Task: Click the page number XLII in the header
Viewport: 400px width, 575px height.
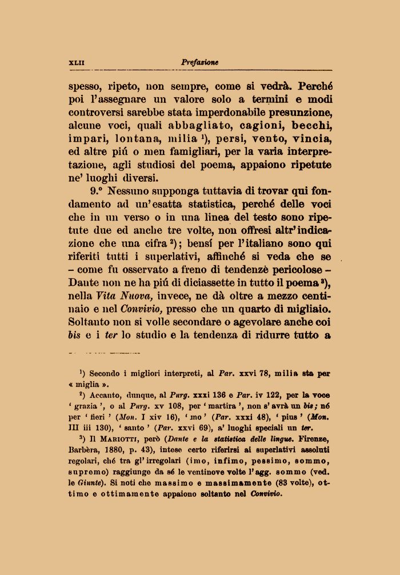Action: [x=76, y=62]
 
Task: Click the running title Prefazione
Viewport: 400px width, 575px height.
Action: [x=199, y=62]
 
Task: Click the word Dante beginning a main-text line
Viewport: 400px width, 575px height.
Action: [x=85, y=283]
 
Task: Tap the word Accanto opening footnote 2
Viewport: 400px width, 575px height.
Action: [x=106, y=396]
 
